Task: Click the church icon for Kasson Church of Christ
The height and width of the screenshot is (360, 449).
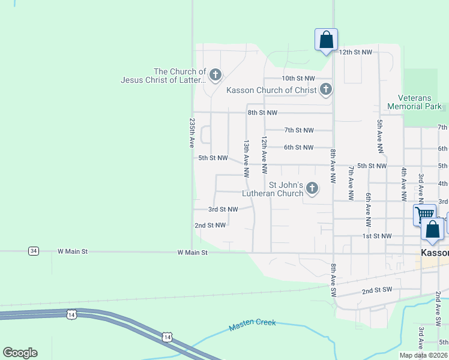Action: [x=326, y=90]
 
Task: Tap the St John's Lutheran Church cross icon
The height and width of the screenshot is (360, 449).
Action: [x=312, y=189]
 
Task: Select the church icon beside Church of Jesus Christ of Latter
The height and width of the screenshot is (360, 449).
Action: [x=215, y=76]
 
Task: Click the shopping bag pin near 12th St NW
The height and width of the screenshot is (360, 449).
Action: [x=326, y=40]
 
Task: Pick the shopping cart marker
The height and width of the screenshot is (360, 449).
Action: [x=424, y=215]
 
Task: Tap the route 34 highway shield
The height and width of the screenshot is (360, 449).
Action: [x=34, y=251]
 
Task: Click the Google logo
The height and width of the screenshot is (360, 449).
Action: [x=20, y=353]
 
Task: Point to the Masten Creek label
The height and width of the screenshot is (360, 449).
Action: [x=252, y=325]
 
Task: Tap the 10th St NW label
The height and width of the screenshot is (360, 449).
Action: [x=298, y=79]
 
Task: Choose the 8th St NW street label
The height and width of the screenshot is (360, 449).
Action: [x=262, y=113]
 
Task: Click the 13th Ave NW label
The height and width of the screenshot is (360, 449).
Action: [x=246, y=158]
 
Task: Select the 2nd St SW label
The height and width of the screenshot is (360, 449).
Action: [x=377, y=290]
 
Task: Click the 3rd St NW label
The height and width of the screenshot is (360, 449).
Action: [x=223, y=209]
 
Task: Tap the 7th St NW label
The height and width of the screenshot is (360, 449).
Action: [x=299, y=130]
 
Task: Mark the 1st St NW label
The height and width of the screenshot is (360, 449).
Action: [x=377, y=236]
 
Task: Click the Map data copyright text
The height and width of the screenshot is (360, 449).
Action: [x=422, y=355]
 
